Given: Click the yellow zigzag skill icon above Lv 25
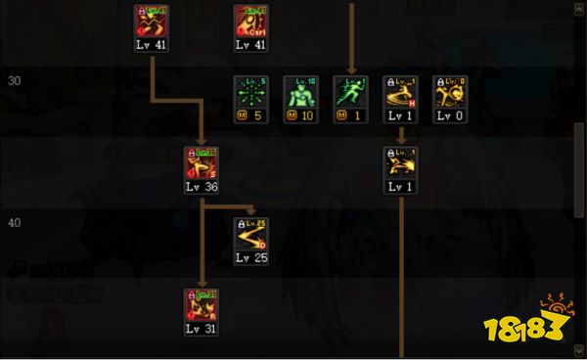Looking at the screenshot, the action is (x=251, y=233).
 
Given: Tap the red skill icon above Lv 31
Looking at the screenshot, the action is (x=202, y=304).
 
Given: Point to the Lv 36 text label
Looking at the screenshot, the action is (x=202, y=186).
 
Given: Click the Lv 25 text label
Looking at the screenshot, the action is (x=251, y=257).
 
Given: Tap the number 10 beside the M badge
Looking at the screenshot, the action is (x=306, y=115).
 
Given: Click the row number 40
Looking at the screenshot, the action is (x=15, y=222).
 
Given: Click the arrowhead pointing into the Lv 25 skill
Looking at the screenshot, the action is (x=251, y=209).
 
